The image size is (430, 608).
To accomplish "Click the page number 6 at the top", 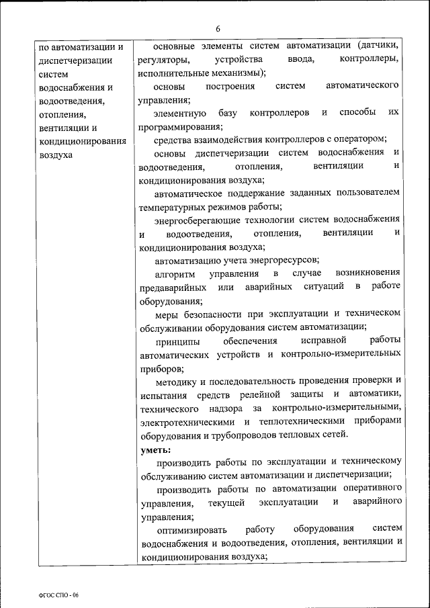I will coord(218,28).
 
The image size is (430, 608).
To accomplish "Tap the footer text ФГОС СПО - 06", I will coord(59,595).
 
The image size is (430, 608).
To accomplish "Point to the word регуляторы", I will coord(161,60).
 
